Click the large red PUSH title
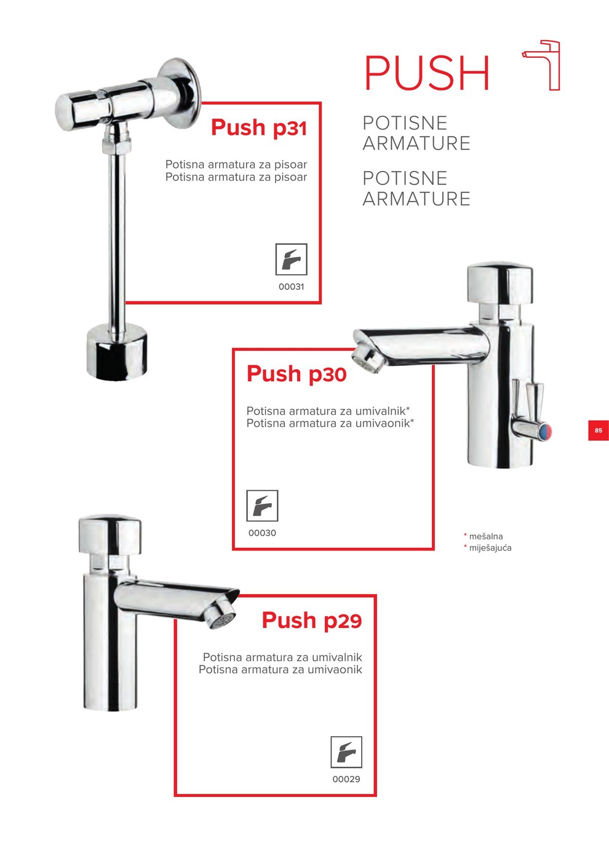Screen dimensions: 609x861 427,73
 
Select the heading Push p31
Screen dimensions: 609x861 259,127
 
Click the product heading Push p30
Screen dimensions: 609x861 297,374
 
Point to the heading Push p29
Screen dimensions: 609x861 312,620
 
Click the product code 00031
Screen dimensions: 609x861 292,287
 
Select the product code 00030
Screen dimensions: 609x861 262,533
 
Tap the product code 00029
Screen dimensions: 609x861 346,779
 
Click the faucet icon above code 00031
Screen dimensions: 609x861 292,259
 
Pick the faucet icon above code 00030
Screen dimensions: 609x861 262,506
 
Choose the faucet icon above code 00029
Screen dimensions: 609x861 346,752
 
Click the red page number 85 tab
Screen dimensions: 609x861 598,430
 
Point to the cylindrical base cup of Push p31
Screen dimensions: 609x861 116,352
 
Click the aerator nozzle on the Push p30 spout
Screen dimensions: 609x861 369,359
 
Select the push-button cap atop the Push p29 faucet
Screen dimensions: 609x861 110,535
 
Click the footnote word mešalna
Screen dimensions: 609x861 486,536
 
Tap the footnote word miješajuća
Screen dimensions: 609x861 490,548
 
